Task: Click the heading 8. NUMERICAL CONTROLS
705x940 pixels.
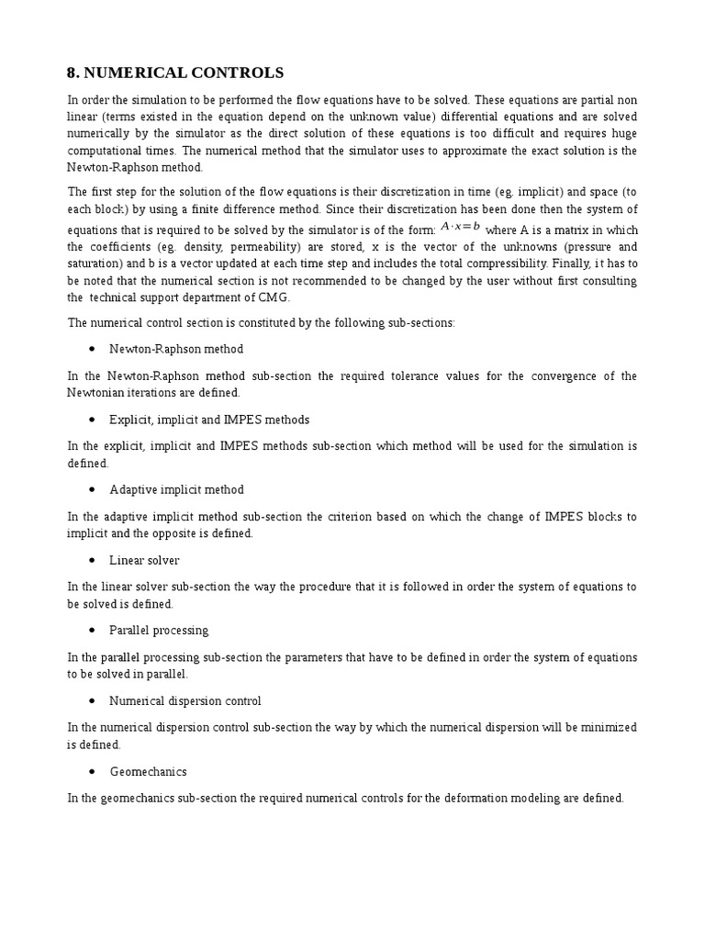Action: pyautogui.click(x=175, y=73)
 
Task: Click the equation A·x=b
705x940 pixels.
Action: pyautogui.click(x=461, y=227)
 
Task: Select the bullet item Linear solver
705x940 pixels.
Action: pyautogui.click(x=144, y=560)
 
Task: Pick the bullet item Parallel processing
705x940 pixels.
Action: pyautogui.click(x=159, y=631)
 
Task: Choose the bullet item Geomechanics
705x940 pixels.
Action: pyautogui.click(x=148, y=772)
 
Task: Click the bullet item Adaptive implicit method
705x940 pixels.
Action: pyautogui.click(x=176, y=489)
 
